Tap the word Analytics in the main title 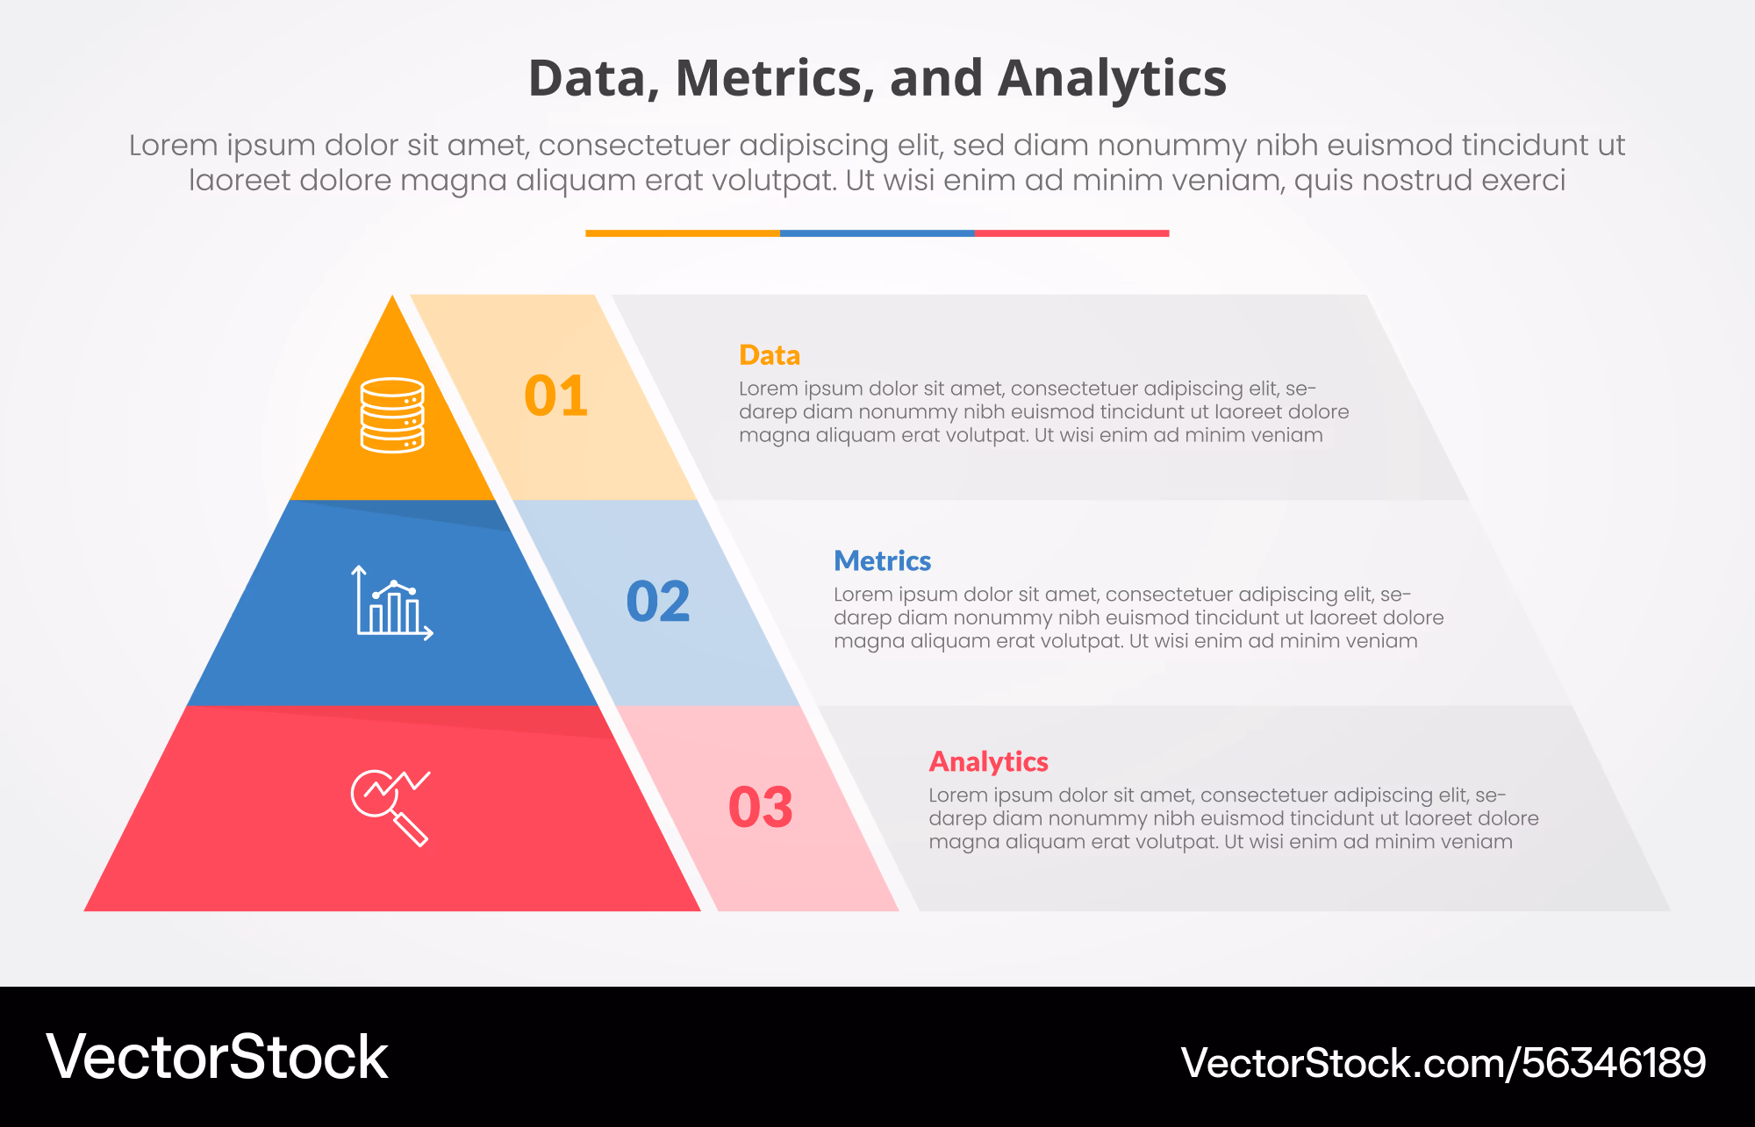pos(1112,78)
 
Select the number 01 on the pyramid pos(556,396)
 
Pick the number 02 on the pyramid pos(658,602)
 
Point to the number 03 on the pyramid pos(761,807)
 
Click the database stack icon pos(392,415)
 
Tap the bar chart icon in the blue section pos(392,603)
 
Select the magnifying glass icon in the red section pos(390,808)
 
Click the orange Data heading pos(770,355)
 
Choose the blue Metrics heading pos(882,560)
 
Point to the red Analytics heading pos(989,761)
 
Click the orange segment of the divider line pos(683,233)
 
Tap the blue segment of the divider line pos(877,233)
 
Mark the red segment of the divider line pos(1072,233)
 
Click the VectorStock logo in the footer pos(217,1057)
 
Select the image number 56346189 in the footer pos(1614,1063)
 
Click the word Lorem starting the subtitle pos(174,145)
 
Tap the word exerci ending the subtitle pos(1523,180)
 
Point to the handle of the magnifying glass pos(410,829)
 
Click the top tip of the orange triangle pos(392,296)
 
